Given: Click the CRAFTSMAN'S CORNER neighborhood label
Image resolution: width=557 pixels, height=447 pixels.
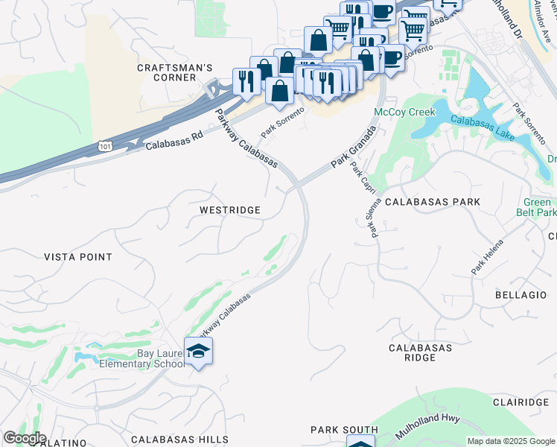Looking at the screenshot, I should click(175, 72).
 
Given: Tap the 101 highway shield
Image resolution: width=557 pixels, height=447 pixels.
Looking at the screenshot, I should click(104, 148).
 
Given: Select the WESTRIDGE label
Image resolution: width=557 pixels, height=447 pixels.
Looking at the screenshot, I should click(230, 210).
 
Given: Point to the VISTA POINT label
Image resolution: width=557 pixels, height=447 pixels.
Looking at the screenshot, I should click(78, 257).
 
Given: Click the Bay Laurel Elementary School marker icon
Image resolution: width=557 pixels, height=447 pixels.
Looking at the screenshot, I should click(198, 351).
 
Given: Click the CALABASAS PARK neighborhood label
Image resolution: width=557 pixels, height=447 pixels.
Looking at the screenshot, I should click(433, 202).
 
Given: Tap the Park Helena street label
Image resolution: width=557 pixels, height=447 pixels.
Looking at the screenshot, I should click(487, 256).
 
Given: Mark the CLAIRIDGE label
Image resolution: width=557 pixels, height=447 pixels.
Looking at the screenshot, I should click(521, 402).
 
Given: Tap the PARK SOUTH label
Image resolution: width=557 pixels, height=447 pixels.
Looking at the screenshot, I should click(344, 430).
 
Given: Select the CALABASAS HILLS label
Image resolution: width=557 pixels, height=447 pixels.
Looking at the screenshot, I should click(174, 440).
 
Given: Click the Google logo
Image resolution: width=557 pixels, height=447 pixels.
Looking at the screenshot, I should click(24, 438).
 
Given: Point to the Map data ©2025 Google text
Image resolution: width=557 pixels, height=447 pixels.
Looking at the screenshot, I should click(510, 441).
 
